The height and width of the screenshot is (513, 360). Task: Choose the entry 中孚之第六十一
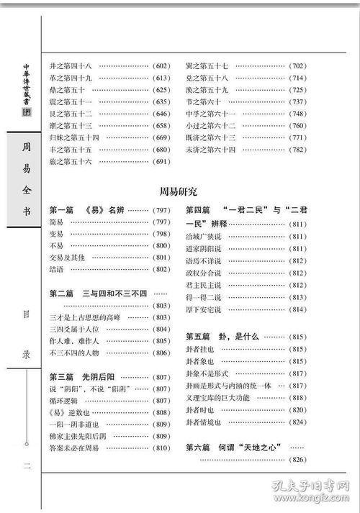point(211,114)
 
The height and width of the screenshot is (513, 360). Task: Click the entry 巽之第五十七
point(207,65)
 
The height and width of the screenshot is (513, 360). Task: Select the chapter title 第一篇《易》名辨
point(87,210)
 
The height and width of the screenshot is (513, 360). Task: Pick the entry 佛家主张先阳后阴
point(78,436)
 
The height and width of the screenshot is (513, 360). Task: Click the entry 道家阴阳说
point(203,249)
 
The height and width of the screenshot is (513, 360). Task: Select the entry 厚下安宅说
point(203,309)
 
